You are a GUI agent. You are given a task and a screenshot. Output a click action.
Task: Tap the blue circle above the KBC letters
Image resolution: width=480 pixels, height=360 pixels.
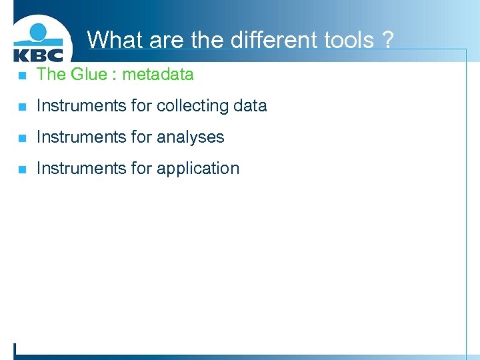(39, 33)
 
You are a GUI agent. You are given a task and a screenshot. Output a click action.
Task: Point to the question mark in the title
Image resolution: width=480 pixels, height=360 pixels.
(387, 40)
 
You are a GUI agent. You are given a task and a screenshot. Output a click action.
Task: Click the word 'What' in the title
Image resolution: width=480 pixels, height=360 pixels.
(115, 40)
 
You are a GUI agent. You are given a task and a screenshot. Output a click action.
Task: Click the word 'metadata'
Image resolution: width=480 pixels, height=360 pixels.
(158, 74)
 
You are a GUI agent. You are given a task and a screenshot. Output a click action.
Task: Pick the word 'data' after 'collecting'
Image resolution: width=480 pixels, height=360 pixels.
(250, 105)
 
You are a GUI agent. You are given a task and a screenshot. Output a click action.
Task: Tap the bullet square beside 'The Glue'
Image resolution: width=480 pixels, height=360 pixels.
(22, 75)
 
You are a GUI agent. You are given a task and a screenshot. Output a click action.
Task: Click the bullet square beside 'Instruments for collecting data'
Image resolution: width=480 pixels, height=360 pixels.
(22, 106)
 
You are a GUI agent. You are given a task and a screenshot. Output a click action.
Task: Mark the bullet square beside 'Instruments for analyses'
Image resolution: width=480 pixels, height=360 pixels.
(22, 137)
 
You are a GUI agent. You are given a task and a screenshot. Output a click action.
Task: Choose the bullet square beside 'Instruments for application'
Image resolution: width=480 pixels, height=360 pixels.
(22, 169)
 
